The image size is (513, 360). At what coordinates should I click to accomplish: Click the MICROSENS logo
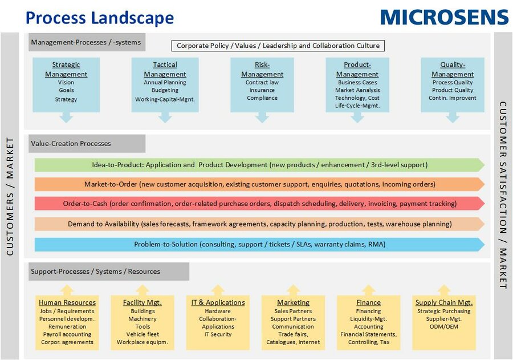444,17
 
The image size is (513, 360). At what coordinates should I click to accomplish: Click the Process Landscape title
99,18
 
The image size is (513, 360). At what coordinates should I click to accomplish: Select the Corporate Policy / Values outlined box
278,46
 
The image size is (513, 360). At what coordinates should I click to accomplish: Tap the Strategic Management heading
66,69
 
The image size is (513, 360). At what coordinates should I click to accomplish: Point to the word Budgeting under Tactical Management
165,90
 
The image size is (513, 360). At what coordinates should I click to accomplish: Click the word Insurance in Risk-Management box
262,90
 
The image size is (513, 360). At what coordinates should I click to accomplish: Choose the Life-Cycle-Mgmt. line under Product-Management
357,106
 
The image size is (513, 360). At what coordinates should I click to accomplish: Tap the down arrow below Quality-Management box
453,118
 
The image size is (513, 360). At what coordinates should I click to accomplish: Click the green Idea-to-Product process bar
259,165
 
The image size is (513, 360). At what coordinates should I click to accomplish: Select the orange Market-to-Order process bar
259,184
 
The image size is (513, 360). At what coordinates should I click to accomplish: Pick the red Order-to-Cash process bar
259,204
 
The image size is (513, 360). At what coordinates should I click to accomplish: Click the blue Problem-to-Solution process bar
259,244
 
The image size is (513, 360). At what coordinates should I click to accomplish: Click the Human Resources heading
67,302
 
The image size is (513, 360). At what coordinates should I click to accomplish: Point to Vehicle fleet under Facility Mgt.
142,334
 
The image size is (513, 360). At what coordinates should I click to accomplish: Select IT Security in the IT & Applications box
218,334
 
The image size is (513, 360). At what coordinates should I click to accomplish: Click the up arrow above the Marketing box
293,290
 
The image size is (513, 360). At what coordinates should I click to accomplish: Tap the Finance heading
368,302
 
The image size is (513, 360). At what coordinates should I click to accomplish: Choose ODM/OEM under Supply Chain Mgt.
443,326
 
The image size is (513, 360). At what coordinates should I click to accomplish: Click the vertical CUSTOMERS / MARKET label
10,196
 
